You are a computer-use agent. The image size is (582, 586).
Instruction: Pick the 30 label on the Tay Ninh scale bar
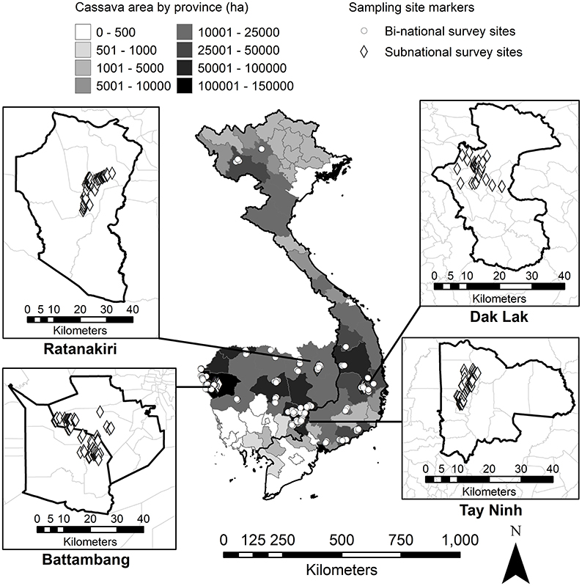[520, 468]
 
